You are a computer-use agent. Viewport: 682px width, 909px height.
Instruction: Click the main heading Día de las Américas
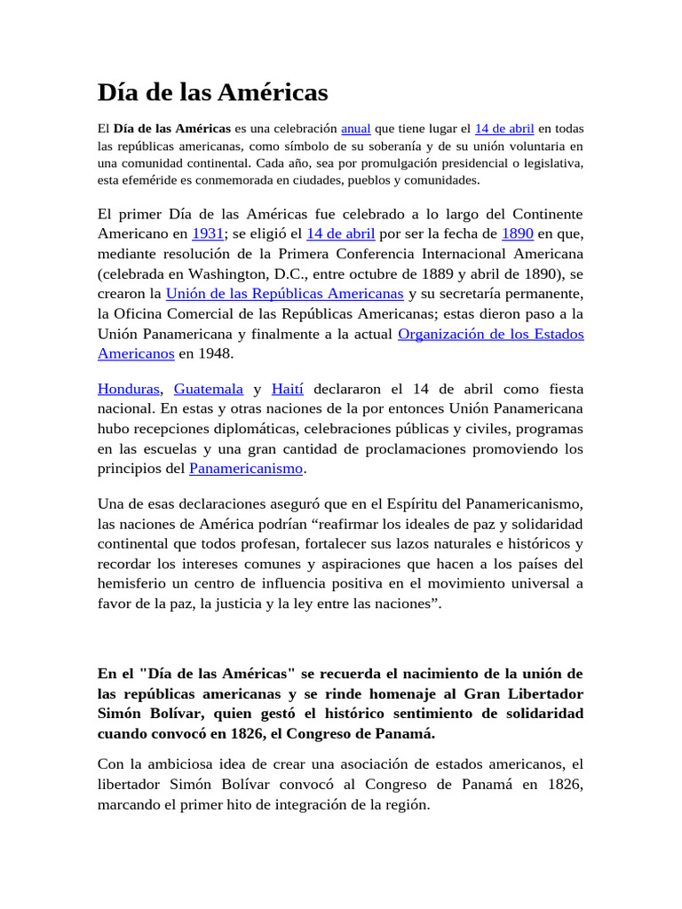tap(212, 92)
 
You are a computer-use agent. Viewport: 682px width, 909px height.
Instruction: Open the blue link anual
tap(355, 129)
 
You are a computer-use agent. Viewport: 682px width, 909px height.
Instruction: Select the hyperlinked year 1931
tap(207, 234)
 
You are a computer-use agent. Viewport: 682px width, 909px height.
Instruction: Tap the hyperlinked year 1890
tap(517, 234)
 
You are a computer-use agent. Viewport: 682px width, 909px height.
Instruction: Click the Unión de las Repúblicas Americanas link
tap(284, 293)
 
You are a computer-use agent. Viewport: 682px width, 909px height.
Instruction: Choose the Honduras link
tap(129, 390)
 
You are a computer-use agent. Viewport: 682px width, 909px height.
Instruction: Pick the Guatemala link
tap(209, 390)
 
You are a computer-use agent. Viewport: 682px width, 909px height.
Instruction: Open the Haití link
tap(288, 390)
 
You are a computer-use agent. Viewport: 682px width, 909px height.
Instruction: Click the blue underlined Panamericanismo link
tap(247, 468)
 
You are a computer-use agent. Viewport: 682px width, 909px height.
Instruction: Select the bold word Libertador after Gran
tap(542, 693)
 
